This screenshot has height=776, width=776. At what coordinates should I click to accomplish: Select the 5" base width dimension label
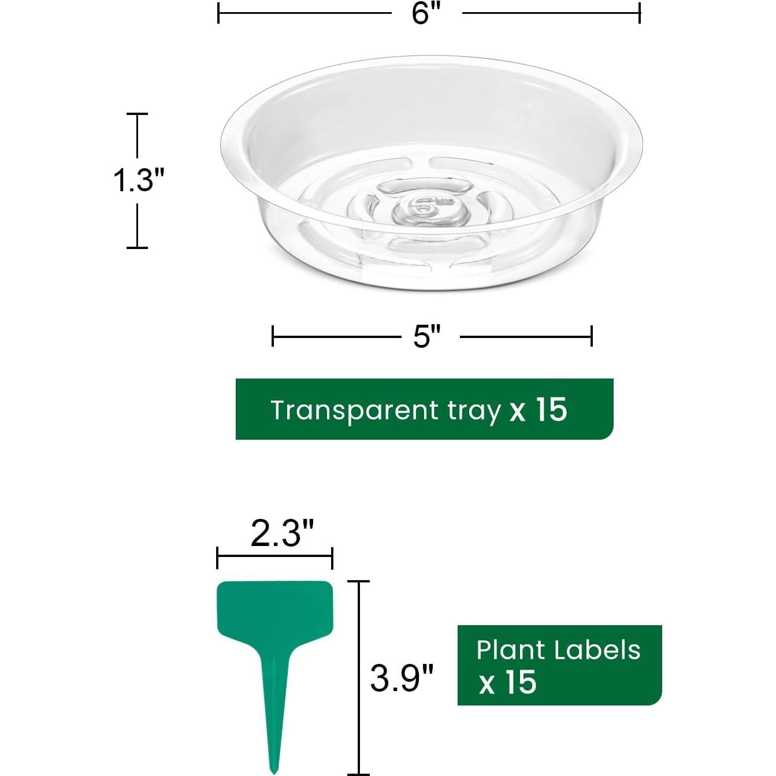pos(426,336)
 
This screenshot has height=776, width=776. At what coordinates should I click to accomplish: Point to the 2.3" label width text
pos(283,533)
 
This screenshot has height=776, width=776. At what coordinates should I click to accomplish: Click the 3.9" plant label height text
pos(402,678)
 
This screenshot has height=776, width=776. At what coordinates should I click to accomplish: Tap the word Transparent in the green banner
pos(354,411)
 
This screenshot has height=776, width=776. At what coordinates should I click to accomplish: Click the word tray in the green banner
pos(474,411)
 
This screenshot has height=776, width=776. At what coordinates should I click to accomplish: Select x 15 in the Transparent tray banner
pos(539,410)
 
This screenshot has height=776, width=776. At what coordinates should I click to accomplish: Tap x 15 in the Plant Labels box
pos(508,682)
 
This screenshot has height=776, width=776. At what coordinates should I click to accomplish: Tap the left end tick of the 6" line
pos(218,13)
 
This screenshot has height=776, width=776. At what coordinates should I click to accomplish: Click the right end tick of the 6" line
pos(639,13)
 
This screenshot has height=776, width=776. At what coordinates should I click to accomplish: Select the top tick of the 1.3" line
pos(137,114)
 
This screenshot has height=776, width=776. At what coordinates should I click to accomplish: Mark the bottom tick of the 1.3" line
pos(137,247)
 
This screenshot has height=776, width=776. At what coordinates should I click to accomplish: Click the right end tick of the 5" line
pos(591,336)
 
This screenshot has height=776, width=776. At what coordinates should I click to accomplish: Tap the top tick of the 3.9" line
pos(359,581)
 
